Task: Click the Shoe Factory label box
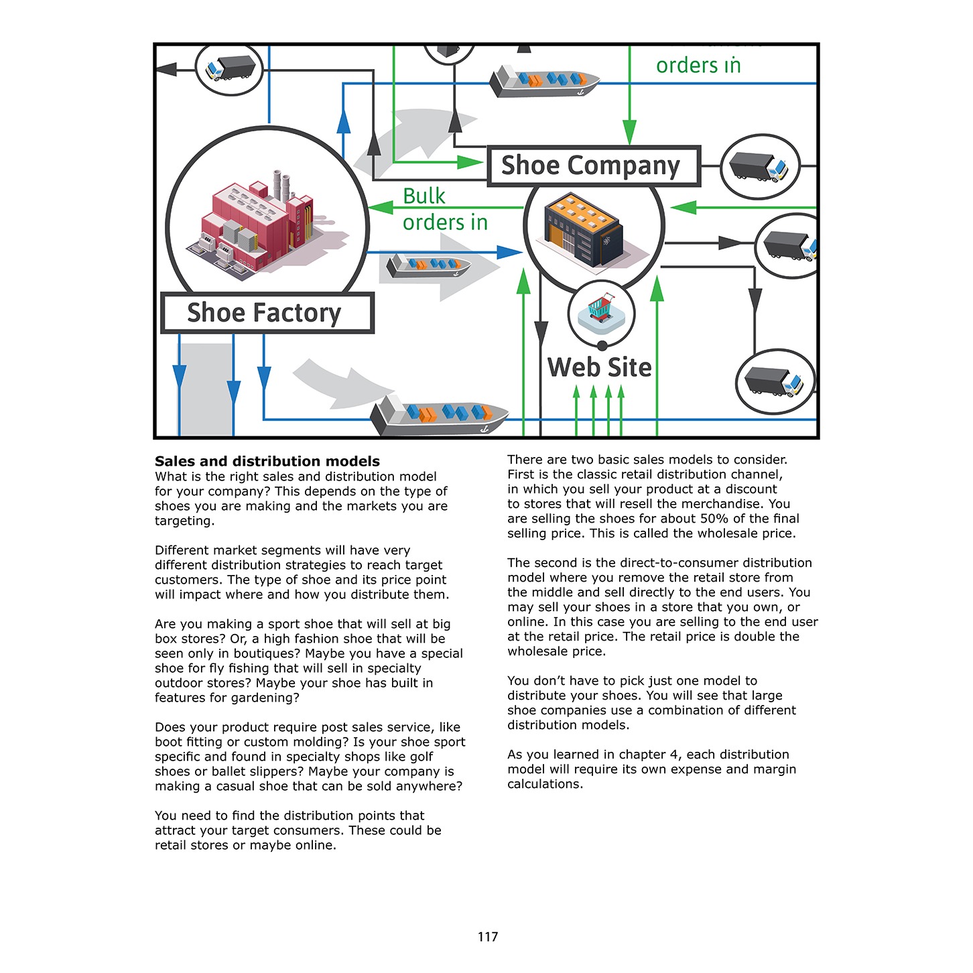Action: click(267, 312)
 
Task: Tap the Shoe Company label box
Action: click(593, 166)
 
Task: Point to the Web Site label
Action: click(599, 367)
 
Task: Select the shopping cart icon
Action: click(601, 308)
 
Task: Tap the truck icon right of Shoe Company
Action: click(759, 166)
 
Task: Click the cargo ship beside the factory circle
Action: click(428, 265)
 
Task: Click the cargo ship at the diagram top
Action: click(544, 81)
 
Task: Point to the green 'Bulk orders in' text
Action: click(445, 209)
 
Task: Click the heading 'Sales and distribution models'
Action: click(267, 461)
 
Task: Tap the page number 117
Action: click(487, 937)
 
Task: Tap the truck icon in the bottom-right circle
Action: click(774, 381)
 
